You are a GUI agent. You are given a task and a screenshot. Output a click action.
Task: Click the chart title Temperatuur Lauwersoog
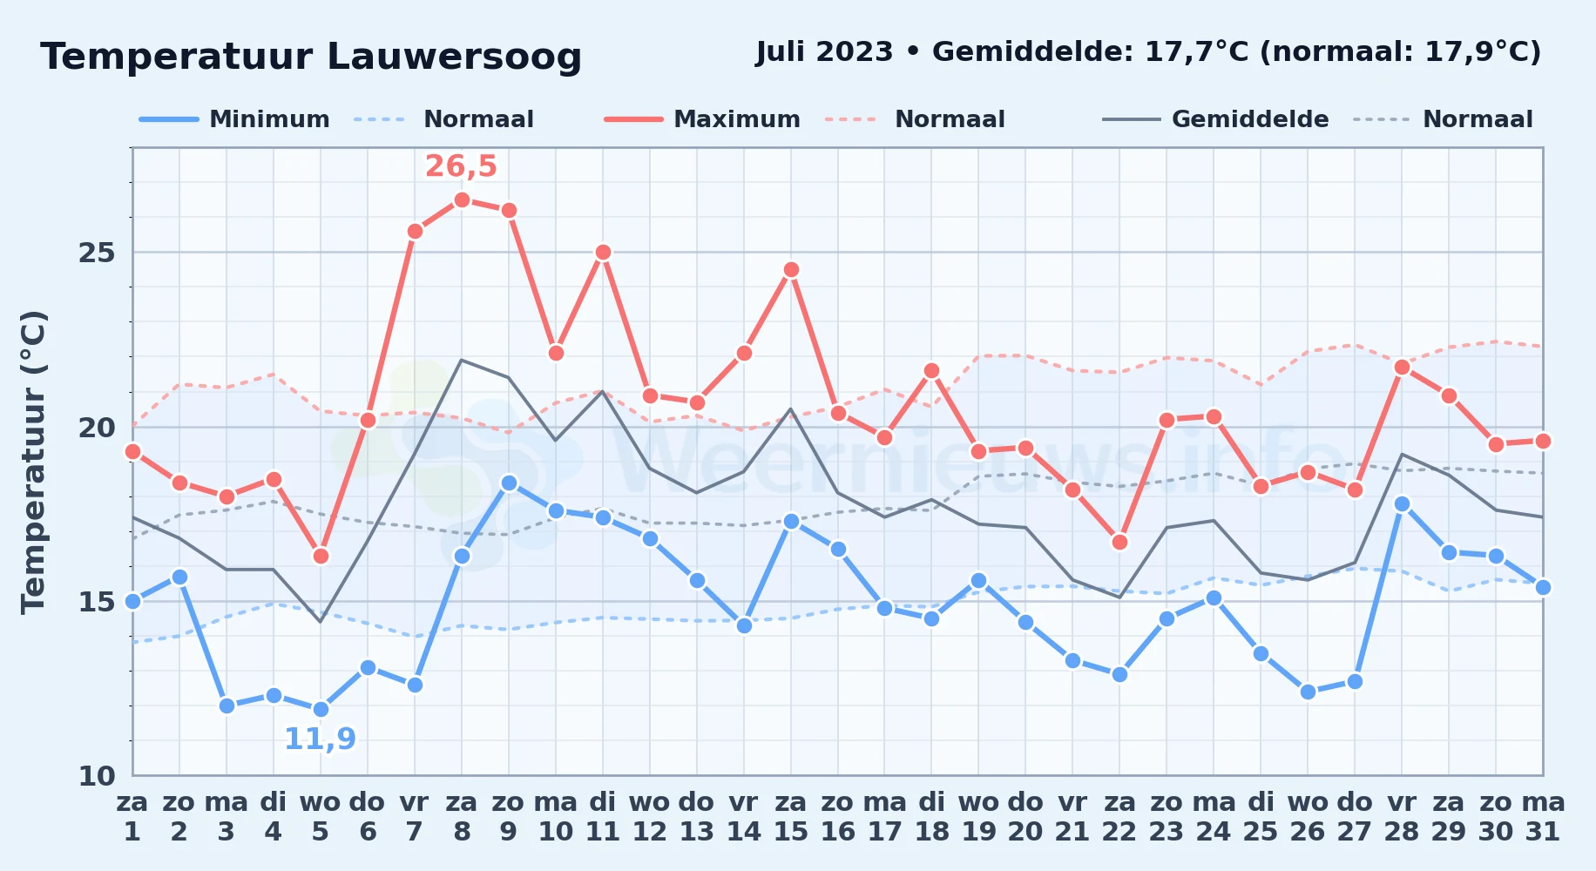[x=311, y=57]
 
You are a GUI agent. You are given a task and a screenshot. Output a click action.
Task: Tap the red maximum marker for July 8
[x=462, y=199]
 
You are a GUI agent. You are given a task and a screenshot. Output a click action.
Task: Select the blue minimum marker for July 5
[x=321, y=709]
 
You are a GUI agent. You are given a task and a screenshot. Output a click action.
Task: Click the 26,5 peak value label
[x=461, y=165]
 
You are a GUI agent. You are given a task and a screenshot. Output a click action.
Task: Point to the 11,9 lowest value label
[x=321, y=739]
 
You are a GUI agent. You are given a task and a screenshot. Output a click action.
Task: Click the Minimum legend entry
[x=234, y=119]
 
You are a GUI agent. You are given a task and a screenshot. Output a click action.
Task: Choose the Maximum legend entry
[x=702, y=119]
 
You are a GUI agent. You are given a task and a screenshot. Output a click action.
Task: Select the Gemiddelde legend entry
[x=1215, y=119]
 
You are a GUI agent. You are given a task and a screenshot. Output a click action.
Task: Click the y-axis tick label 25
[x=97, y=253]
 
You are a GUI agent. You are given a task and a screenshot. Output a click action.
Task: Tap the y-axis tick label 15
[x=97, y=601]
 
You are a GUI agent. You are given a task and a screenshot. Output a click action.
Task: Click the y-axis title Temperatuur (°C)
[x=33, y=462]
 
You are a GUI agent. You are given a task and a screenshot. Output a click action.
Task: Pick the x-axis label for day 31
[x=1543, y=816]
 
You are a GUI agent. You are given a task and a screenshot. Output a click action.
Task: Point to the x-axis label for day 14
[x=743, y=816]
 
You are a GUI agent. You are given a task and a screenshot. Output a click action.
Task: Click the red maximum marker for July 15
[x=791, y=269]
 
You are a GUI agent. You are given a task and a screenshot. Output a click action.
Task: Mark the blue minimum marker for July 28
[x=1402, y=503]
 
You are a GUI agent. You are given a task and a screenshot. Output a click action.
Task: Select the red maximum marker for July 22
[x=1119, y=542]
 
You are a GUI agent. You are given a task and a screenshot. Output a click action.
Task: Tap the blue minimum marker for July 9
[x=509, y=483]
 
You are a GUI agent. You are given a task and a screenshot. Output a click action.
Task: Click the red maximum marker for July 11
[x=603, y=253]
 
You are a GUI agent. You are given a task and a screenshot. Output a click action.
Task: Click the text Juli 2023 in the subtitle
[x=824, y=52]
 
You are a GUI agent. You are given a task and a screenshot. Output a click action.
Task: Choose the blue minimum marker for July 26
[x=1308, y=692]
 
